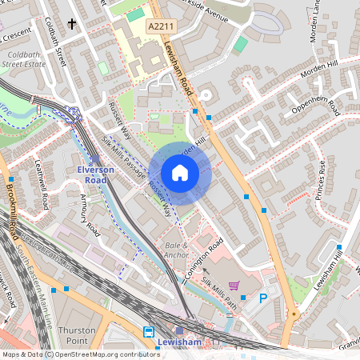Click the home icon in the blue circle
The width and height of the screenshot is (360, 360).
pyautogui.click(x=180, y=173)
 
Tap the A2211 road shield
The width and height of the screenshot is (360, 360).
pyautogui.click(x=160, y=27)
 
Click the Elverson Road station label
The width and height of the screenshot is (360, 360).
pyautogui.click(x=97, y=175)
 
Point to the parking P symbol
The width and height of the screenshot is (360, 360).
pyautogui.click(x=263, y=298)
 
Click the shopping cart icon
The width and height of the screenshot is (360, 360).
pyautogui.click(x=234, y=285)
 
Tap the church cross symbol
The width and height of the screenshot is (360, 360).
pyautogui.click(x=73, y=25)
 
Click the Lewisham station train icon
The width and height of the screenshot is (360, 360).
pyautogui.click(x=150, y=332)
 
